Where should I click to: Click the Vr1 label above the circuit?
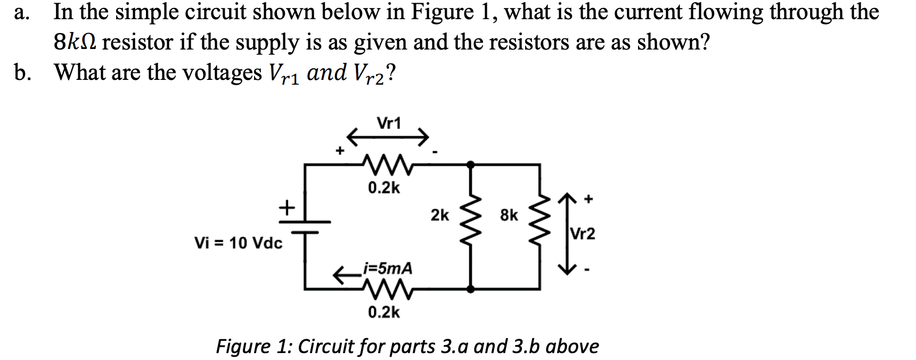[389, 124]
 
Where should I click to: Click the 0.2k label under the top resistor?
[384, 188]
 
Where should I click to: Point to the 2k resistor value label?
[440, 215]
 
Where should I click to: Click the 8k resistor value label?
[509, 215]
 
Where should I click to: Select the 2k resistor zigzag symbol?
[471, 226]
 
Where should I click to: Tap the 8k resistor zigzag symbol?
[540, 226]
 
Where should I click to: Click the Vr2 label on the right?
[583, 234]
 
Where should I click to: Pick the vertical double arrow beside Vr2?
[568, 233]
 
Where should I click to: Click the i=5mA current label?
[387, 268]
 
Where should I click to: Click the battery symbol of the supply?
[305, 226]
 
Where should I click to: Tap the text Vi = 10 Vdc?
[239, 243]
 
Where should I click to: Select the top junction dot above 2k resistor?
[471, 165]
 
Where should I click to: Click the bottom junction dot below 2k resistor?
[471, 289]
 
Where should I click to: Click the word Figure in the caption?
[243, 347]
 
